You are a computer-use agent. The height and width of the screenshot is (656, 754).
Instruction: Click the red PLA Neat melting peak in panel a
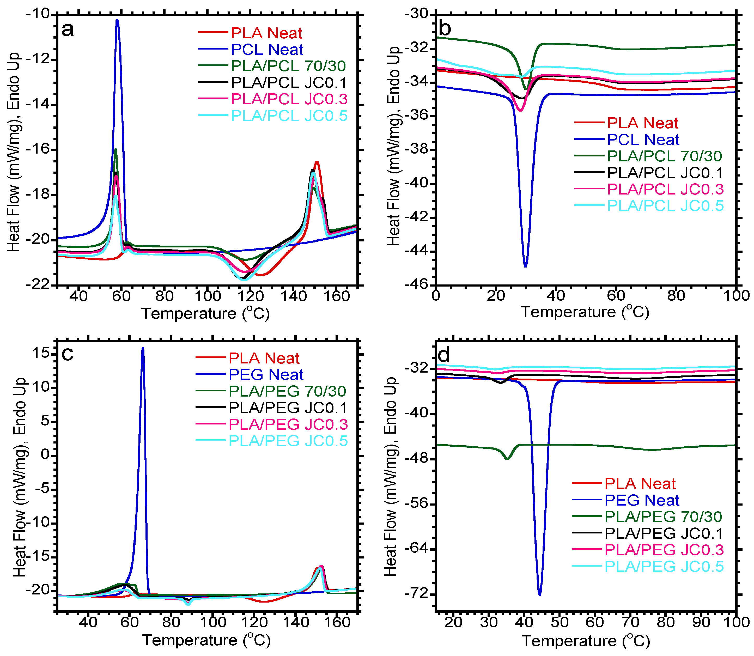(x=317, y=162)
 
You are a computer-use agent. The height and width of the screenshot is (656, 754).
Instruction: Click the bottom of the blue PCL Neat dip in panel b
(x=526, y=266)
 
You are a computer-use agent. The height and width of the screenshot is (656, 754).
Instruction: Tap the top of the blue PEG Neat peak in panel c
(x=143, y=349)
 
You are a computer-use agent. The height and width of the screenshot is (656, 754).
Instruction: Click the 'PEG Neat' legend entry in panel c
(x=266, y=374)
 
